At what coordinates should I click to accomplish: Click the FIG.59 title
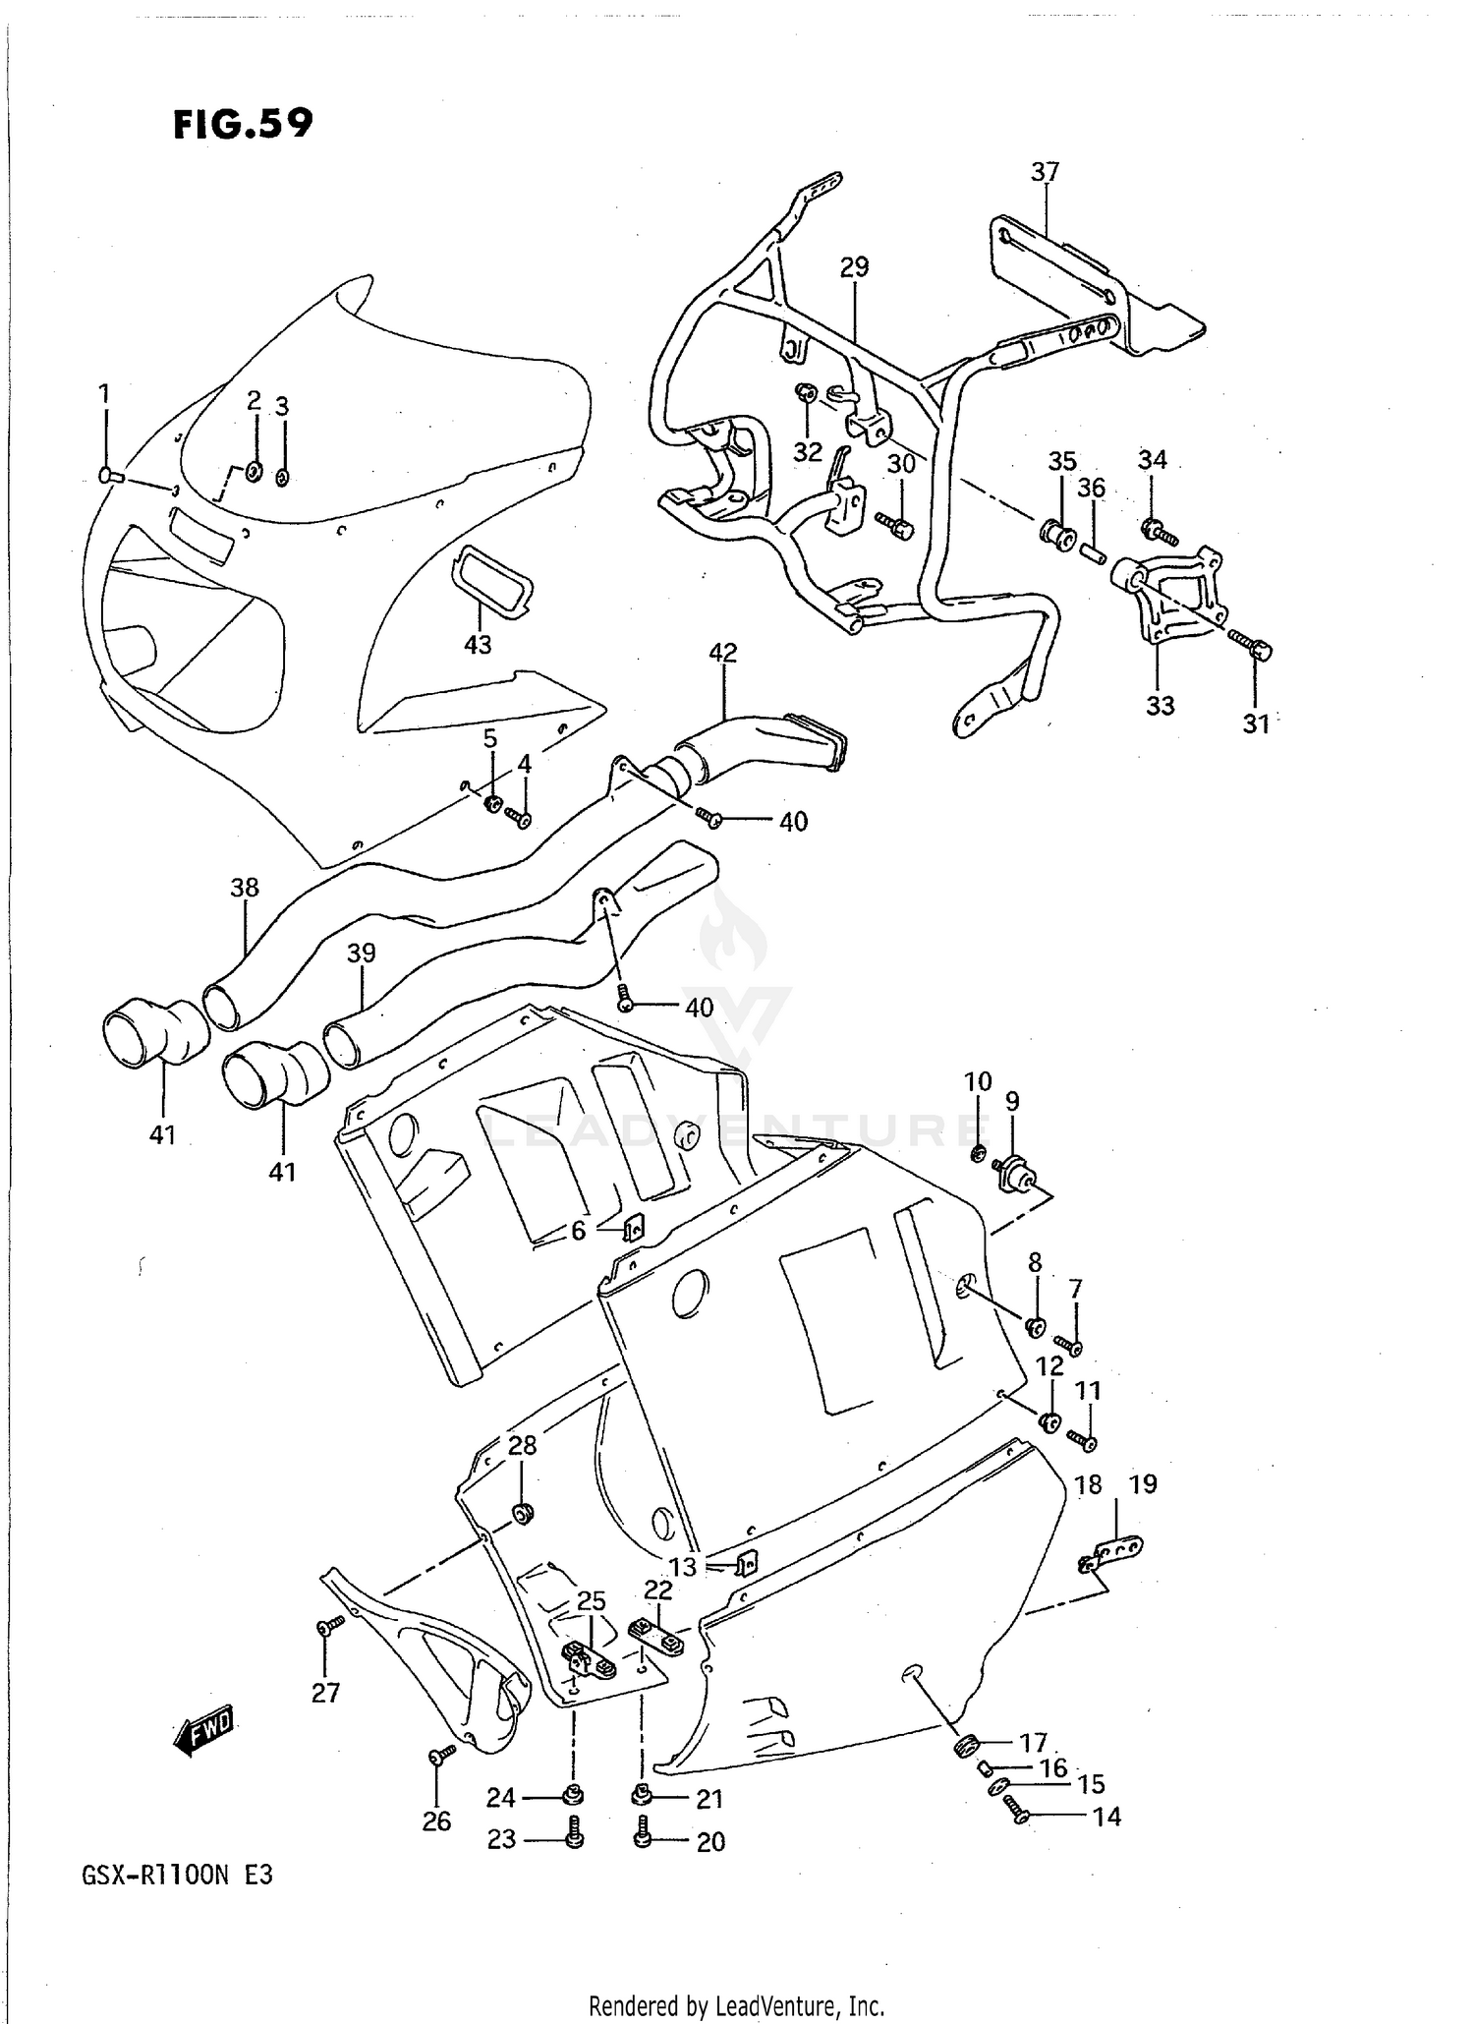pos(243,124)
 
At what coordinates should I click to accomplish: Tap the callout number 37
pos(1045,172)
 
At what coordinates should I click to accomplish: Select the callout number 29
pos(854,266)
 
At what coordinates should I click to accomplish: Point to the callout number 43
pos(478,645)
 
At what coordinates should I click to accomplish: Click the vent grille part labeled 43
pos(490,582)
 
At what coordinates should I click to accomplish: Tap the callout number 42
pos(722,653)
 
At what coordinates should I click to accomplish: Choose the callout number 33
pos(1160,705)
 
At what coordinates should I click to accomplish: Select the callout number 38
pos(244,888)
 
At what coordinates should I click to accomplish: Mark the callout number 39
pos(361,953)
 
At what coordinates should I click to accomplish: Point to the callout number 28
pos(522,1445)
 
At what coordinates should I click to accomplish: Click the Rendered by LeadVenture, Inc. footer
pos(736,2005)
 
